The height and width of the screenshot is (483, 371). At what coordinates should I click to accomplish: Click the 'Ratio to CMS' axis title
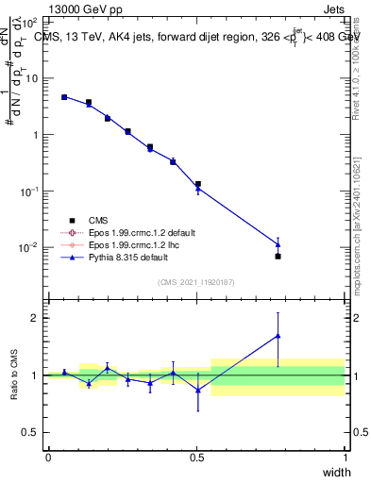pyautogui.click(x=15, y=375)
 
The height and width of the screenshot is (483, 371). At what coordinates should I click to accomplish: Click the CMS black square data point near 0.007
pyautogui.click(x=278, y=256)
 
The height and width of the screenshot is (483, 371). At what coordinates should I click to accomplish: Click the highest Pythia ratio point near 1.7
pyautogui.click(x=278, y=335)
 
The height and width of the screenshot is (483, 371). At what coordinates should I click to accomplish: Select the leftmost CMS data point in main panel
pyautogui.click(x=64, y=96)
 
